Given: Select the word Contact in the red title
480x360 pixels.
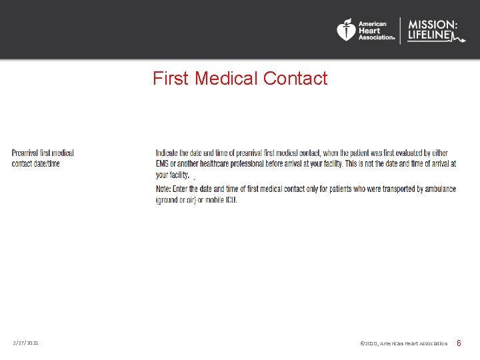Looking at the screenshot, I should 295,79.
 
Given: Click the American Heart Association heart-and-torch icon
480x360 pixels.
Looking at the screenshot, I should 346,30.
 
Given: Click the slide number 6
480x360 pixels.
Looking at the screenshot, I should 459,343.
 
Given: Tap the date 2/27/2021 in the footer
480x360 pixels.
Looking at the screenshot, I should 25,343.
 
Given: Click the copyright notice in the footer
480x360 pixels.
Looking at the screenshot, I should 403,343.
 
